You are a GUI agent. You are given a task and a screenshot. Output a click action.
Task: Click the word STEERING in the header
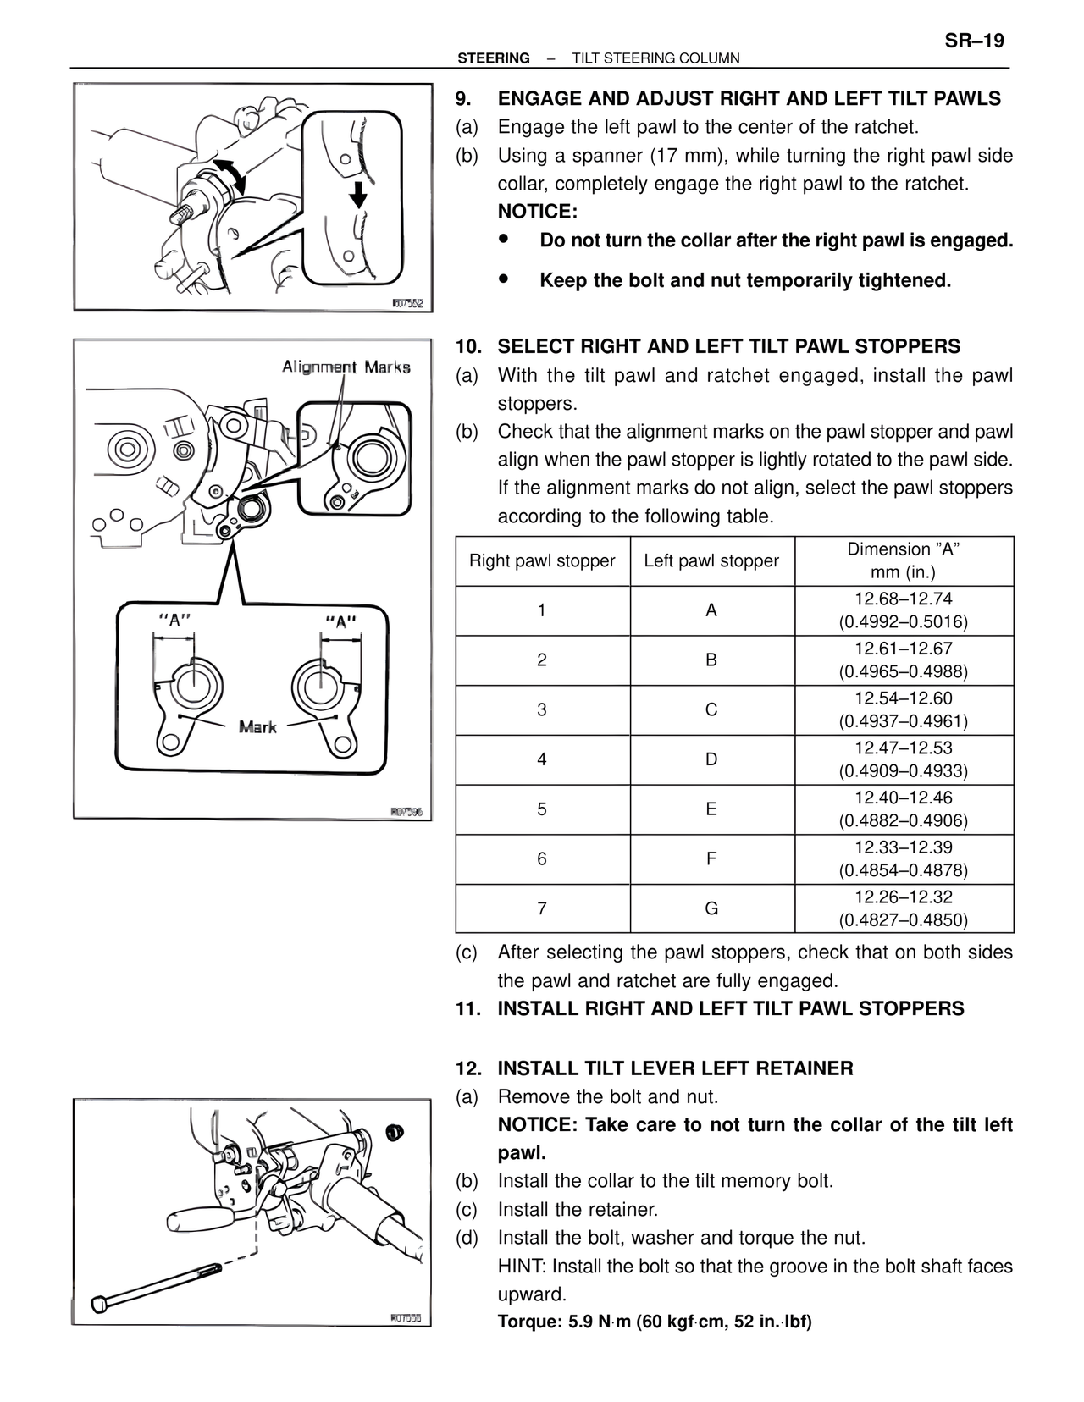pos(493,58)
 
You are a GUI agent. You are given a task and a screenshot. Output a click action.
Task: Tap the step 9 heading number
pos(463,99)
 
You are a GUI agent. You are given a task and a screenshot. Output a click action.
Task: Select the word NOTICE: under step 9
pos(537,212)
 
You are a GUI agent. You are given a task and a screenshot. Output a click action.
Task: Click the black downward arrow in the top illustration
pos(358,193)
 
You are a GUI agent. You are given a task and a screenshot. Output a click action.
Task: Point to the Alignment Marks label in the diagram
pos(346,367)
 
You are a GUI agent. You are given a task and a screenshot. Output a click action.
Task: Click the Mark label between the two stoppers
pos(257,726)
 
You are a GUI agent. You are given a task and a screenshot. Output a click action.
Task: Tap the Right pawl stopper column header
pos(542,560)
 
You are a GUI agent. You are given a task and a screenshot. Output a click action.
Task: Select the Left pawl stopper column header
pos(711,560)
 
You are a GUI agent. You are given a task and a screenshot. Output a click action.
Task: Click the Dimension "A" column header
pos(903,560)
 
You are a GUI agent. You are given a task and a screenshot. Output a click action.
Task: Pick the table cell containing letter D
pos(711,759)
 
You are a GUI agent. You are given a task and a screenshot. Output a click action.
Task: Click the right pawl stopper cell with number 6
pos(542,858)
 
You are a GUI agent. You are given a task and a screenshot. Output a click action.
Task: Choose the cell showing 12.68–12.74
pos(903,610)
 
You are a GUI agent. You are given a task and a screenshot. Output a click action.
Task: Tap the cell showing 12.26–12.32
pos(903,908)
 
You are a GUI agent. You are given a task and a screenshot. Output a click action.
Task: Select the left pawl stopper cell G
pos(711,908)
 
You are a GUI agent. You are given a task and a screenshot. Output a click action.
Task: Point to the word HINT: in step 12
pos(522,1267)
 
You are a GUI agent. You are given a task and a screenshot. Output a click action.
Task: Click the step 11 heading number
pos(467,1009)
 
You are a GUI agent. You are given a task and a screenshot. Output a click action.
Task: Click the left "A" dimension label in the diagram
pos(174,620)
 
